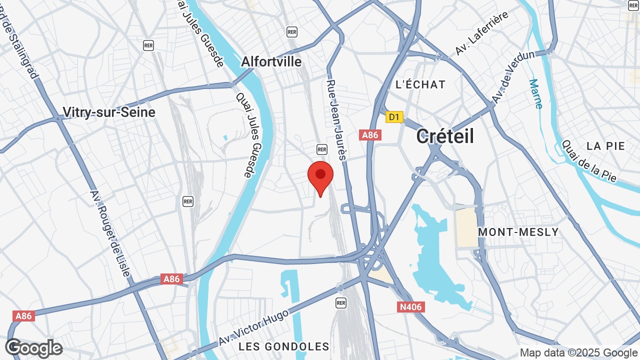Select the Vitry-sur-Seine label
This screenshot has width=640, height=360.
[x=109, y=112]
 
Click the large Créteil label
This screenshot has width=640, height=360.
[x=445, y=136]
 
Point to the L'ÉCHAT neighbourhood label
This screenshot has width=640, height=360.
[x=420, y=84]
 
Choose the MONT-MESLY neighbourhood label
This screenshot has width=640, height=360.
[x=518, y=232]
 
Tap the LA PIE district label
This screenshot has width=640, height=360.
[x=606, y=146]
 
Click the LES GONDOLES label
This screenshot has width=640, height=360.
[x=283, y=346]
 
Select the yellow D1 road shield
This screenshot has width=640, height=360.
[x=394, y=117]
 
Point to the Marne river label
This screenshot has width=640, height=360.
[x=535, y=94]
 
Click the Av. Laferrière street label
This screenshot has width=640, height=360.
[x=482, y=33]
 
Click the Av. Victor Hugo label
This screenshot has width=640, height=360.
[x=254, y=328]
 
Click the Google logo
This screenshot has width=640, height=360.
[x=34, y=348]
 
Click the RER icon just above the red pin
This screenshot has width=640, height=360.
[x=321, y=149]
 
